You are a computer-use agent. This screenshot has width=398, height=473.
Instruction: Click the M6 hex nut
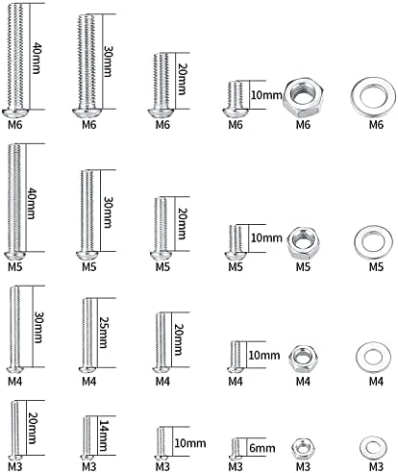(x=303, y=96)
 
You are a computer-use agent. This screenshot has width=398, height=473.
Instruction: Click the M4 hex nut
(x=303, y=359)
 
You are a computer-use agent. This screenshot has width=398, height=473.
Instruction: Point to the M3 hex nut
(x=303, y=448)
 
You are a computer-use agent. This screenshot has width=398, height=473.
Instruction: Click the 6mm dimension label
(x=262, y=448)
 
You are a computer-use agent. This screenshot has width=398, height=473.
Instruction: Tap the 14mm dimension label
(x=104, y=436)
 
